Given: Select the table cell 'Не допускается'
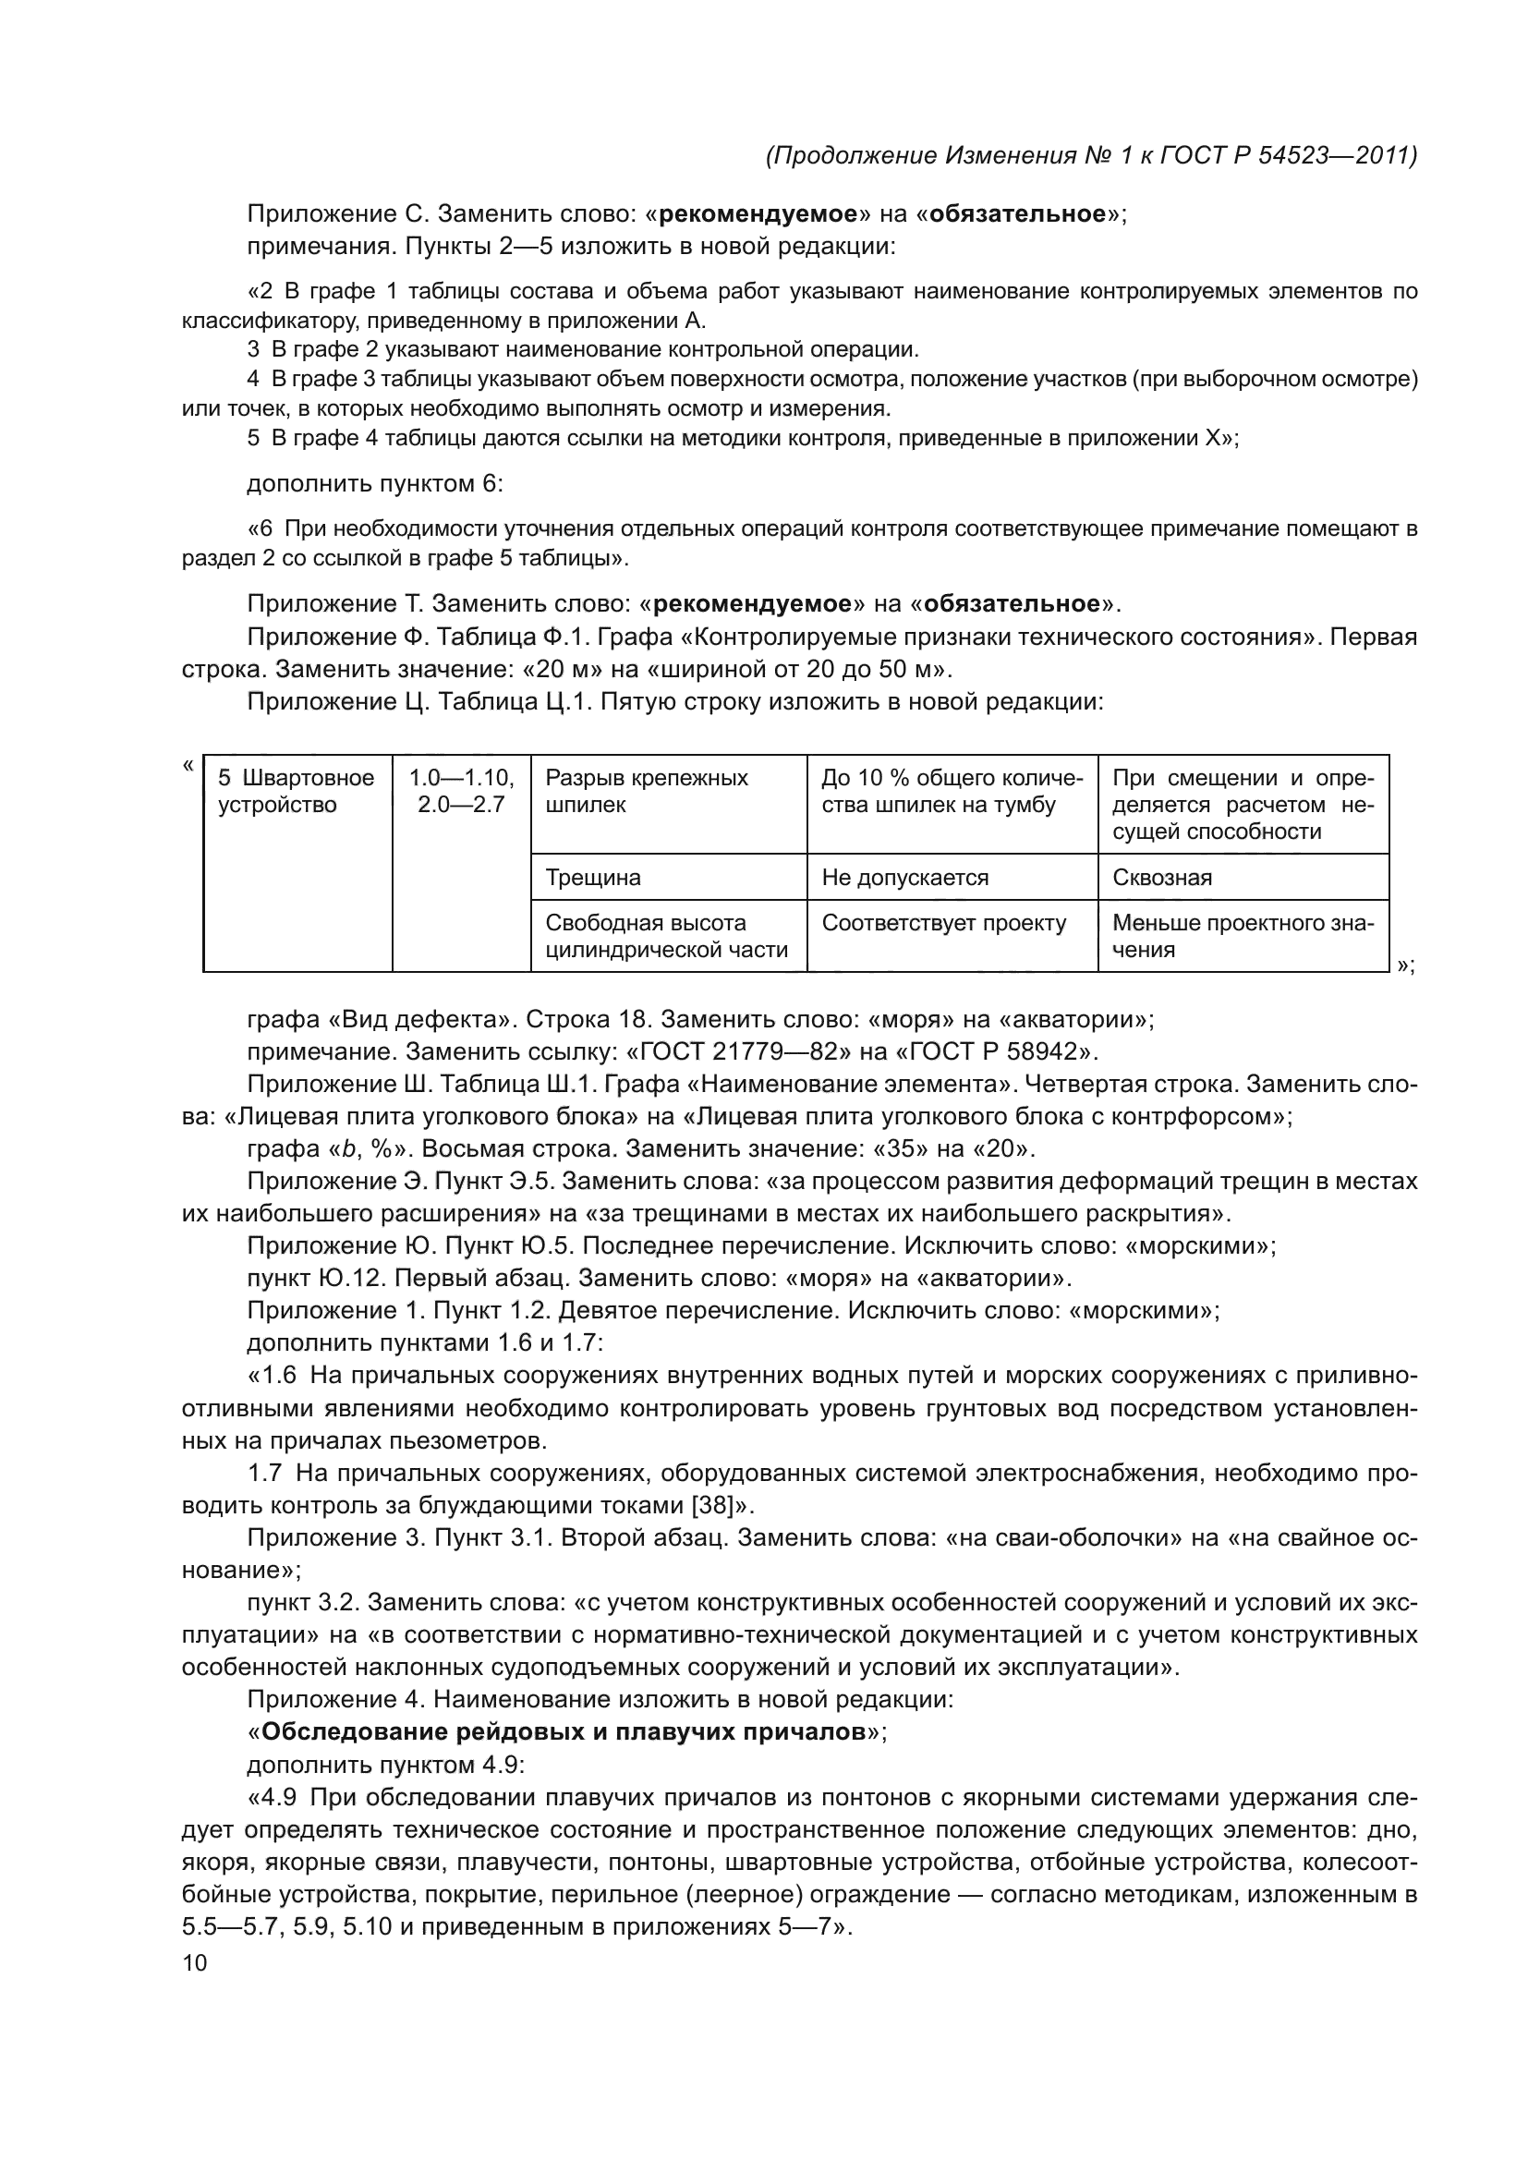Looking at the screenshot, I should click(904, 877).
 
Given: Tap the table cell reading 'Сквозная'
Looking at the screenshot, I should click(1162, 877).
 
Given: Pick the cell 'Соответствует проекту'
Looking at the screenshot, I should click(944, 922).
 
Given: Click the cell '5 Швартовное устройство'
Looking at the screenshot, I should click(297, 792).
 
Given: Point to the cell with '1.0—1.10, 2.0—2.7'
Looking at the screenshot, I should click(461, 792).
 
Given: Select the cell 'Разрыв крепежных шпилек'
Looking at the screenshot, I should click(647, 792).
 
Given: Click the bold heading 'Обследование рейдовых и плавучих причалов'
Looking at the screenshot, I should click(563, 1731).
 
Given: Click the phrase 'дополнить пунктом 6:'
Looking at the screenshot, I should click(374, 484).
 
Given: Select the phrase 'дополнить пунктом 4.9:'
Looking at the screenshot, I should click(385, 1764).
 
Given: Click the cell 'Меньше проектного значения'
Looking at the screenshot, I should click(1242, 936).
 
